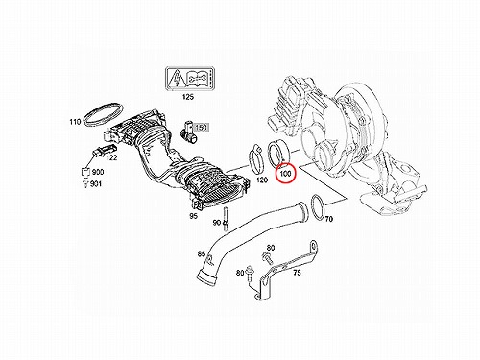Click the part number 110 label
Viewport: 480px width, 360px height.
click(75, 122)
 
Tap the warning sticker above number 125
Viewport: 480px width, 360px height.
click(189, 79)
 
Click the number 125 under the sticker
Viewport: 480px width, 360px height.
click(188, 97)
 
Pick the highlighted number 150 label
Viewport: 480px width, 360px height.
click(201, 128)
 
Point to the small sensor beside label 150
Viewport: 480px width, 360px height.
click(187, 131)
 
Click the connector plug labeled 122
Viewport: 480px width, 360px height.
click(104, 153)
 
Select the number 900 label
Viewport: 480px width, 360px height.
click(98, 172)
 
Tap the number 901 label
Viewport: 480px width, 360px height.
click(96, 183)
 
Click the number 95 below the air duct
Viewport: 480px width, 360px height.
click(193, 216)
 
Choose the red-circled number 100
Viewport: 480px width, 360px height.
click(285, 174)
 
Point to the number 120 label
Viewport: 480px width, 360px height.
click(262, 180)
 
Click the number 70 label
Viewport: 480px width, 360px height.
click(329, 219)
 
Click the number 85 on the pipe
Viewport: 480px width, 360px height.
click(202, 254)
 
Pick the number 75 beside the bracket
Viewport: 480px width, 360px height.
click(297, 273)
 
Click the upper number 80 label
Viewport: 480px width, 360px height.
click(271, 248)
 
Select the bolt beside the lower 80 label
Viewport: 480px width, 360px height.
click(251, 275)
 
